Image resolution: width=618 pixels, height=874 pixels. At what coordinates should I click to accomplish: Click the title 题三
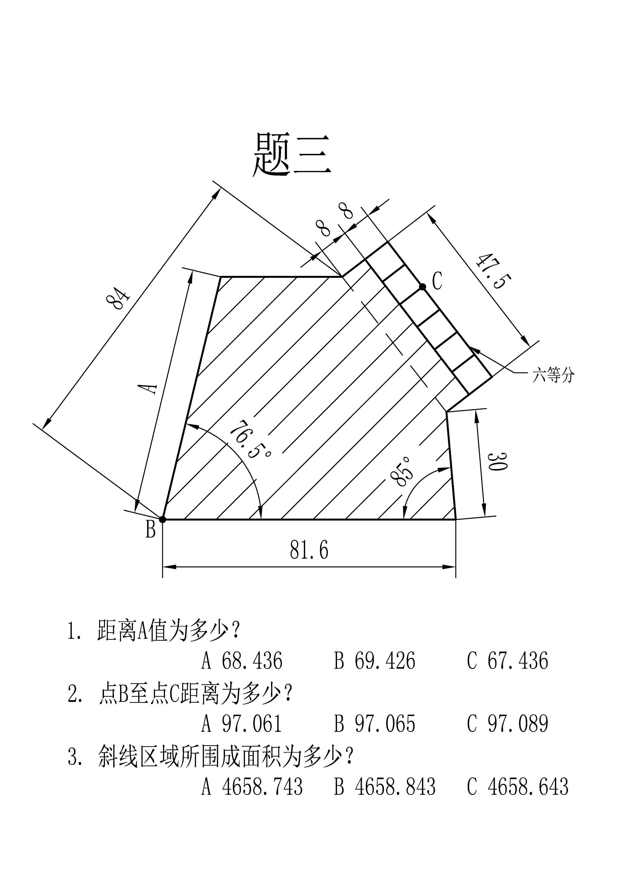point(292,154)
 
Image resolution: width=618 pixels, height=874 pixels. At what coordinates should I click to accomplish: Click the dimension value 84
point(118,298)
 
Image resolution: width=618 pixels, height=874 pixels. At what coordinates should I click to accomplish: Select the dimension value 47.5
point(493,271)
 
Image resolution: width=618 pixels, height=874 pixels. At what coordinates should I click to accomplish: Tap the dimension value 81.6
point(309,550)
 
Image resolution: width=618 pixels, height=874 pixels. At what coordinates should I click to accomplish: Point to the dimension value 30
point(497,462)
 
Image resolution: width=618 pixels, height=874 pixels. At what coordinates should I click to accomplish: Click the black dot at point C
point(422,287)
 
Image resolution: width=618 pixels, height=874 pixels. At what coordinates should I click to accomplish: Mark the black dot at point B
point(163,519)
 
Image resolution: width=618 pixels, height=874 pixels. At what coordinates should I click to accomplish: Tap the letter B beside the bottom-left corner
point(151,530)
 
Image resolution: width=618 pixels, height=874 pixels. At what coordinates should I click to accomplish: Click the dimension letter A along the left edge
point(148,388)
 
